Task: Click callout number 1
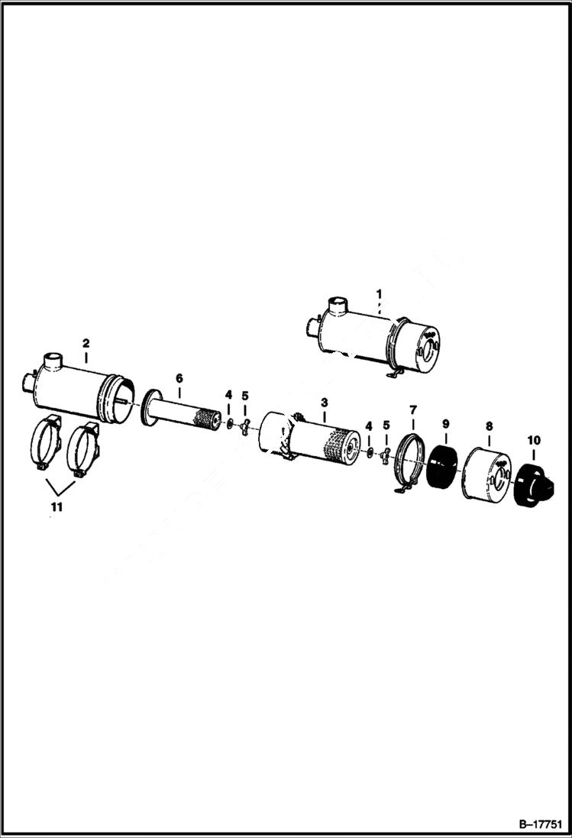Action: tap(378, 293)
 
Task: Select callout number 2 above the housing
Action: tap(86, 343)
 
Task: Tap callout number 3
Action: tap(324, 401)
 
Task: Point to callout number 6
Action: tap(179, 377)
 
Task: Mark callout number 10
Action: tap(532, 441)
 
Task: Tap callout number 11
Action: tap(58, 506)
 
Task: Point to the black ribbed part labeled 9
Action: tap(441, 466)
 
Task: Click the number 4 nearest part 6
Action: tap(228, 395)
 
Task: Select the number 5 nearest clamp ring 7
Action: tap(386, 425)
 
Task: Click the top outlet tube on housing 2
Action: tap(52, 360)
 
